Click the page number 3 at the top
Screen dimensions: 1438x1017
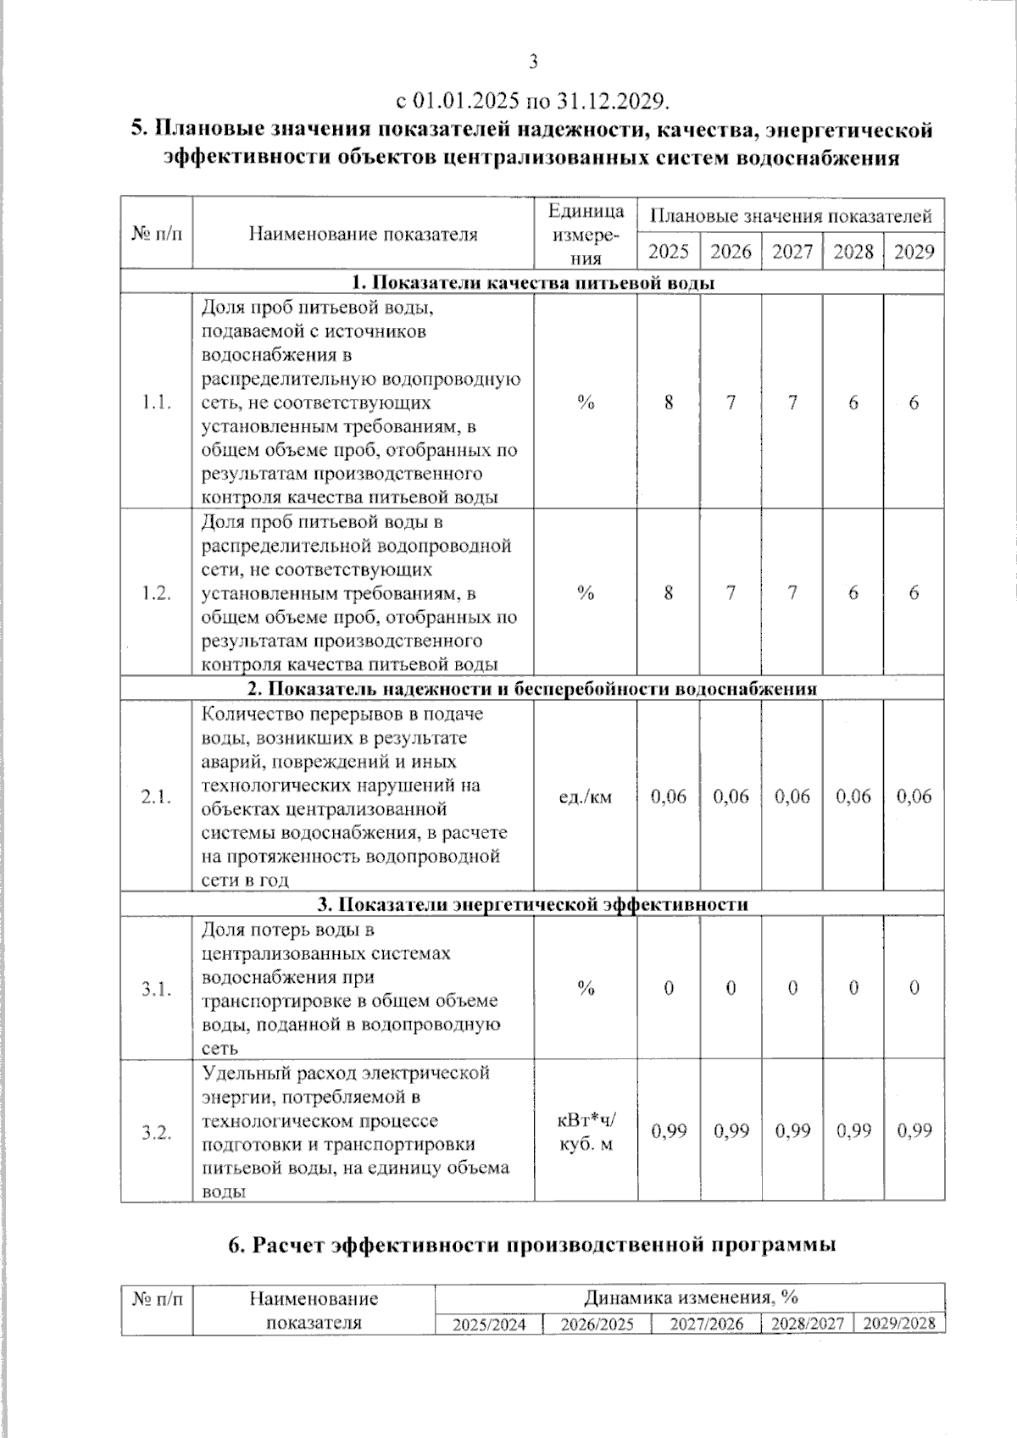[x=533, y=61]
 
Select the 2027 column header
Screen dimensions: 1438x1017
[x=792, y=252]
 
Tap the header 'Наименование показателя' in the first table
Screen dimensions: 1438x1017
[x=363, y=234]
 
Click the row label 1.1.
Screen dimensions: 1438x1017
[x=157, y=403]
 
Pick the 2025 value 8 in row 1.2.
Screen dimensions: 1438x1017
[x=669, y=593]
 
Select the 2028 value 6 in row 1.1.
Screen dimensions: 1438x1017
[x=853, y=403]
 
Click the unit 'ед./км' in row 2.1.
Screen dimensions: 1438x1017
[x=586, y=797]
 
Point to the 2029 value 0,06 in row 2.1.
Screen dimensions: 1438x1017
[x=914, y=797]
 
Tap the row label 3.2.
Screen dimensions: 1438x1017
[x=157, y=1132]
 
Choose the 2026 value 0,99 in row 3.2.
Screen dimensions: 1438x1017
[x=731, y=1130]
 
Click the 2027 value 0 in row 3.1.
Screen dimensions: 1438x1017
[x=792, y=988]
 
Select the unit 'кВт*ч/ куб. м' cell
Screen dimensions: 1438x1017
[x=586, y=1132]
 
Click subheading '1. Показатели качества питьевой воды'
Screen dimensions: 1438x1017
[x=533, y=283]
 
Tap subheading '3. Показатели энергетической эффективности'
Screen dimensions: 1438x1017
[x=533, y=904]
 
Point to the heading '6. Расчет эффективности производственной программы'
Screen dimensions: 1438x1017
[x=533, y=1245]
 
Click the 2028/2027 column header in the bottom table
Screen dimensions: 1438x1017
[x=806, y=1324]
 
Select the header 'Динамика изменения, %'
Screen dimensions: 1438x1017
[x=690, y=1297]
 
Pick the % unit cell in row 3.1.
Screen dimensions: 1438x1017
[x=586, y=988]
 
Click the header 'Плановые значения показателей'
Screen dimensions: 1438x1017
[x=791, y=216]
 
